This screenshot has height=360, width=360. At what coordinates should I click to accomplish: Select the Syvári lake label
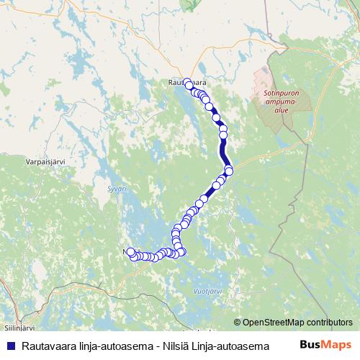click(117, 189)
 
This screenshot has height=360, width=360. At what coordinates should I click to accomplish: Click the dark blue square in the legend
click(9, 346)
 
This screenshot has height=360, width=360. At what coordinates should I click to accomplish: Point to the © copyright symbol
click(238, 323)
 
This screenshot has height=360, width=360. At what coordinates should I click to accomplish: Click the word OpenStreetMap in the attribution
click(274, 323)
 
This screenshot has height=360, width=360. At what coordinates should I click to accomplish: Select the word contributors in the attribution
click(330, 323)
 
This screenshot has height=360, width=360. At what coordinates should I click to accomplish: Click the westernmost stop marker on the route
click(130, 252)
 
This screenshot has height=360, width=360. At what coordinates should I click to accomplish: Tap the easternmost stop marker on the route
click(229, 170)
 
